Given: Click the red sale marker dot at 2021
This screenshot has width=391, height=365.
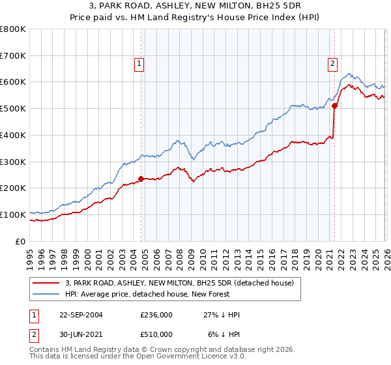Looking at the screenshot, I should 334,106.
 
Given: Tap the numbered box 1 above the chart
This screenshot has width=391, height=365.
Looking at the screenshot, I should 139,63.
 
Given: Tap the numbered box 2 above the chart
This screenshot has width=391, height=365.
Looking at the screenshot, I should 332,63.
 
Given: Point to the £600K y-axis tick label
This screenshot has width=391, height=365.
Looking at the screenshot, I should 13,82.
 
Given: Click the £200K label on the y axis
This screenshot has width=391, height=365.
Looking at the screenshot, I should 13,188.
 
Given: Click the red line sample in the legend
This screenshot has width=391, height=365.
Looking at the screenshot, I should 46,283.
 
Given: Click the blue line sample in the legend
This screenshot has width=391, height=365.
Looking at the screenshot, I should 46,294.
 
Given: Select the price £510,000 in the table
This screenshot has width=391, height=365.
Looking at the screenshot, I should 156,334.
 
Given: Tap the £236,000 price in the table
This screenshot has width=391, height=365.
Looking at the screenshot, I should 156,315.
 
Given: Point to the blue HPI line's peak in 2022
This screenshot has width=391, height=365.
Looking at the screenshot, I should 349,74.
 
